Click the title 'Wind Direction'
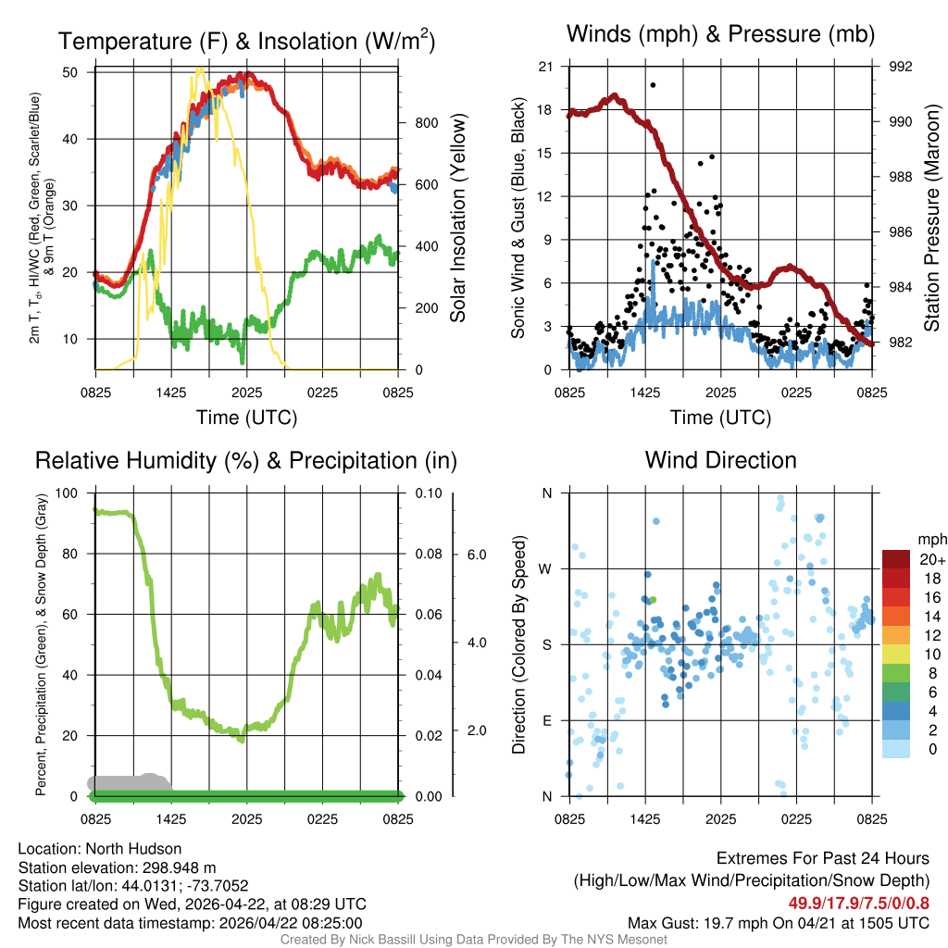coord(720,460)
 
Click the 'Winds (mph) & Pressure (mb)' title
coord(720,35)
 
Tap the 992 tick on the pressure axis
coord(902,67)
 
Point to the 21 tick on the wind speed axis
coord(545,67)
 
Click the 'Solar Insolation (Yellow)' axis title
coord(457,218)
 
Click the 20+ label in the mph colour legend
coord(930,559)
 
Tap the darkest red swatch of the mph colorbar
coord(896,559)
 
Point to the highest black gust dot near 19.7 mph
coord(653,85)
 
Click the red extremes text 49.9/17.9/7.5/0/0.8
coord(859,904)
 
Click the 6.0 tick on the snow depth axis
coord(476,555)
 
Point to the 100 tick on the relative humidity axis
coord(67,493)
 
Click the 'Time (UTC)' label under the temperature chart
coord(246,418)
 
